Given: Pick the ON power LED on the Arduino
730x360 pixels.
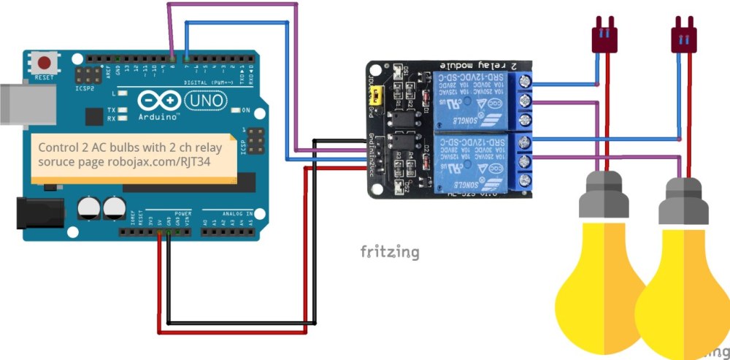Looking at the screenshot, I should (236, 110).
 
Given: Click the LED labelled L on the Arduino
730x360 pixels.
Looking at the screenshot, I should (123, 95).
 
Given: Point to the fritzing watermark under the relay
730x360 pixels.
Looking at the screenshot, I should (390, 252).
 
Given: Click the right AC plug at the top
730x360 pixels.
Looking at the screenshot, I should (684, 37).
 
